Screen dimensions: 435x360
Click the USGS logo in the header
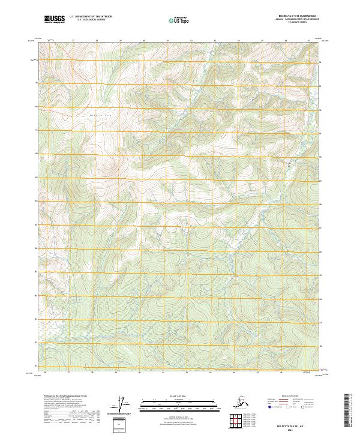(54, 20)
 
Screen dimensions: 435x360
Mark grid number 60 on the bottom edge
(139, 372)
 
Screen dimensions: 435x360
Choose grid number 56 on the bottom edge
(46, 372)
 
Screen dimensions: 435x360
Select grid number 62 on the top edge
(191, 41)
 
